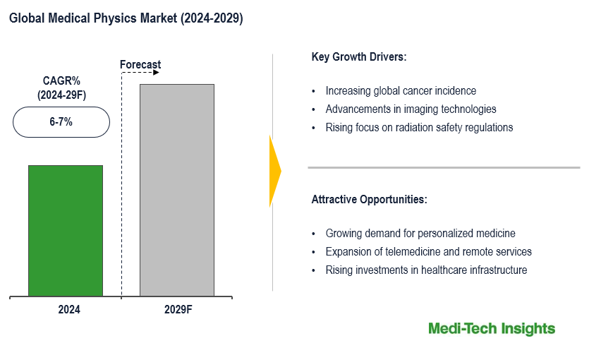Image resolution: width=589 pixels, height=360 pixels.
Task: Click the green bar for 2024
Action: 66,230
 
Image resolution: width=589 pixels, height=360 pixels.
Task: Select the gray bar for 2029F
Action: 177,189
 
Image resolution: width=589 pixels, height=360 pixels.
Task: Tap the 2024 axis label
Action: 69,309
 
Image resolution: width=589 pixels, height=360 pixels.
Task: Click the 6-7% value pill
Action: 61,122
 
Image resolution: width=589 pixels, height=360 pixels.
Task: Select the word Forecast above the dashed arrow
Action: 140,65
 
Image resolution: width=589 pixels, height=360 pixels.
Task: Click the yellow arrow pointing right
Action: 275,171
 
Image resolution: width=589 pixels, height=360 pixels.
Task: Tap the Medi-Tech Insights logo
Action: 492,329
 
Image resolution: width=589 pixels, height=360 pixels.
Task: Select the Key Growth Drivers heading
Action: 359,57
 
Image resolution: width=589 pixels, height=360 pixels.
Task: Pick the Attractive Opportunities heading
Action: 369,200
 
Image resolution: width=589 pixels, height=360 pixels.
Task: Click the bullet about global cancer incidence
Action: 401,91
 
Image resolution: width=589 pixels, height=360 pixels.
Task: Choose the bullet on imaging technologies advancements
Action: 411,109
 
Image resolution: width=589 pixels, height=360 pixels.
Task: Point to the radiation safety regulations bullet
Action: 419,128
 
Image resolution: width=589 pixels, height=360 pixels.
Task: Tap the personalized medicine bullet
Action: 420,234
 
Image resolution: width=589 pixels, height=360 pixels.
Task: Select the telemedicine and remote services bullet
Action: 428,252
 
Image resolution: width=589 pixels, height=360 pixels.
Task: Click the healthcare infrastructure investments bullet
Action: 426,270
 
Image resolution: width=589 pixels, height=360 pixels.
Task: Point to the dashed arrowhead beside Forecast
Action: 157,73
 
